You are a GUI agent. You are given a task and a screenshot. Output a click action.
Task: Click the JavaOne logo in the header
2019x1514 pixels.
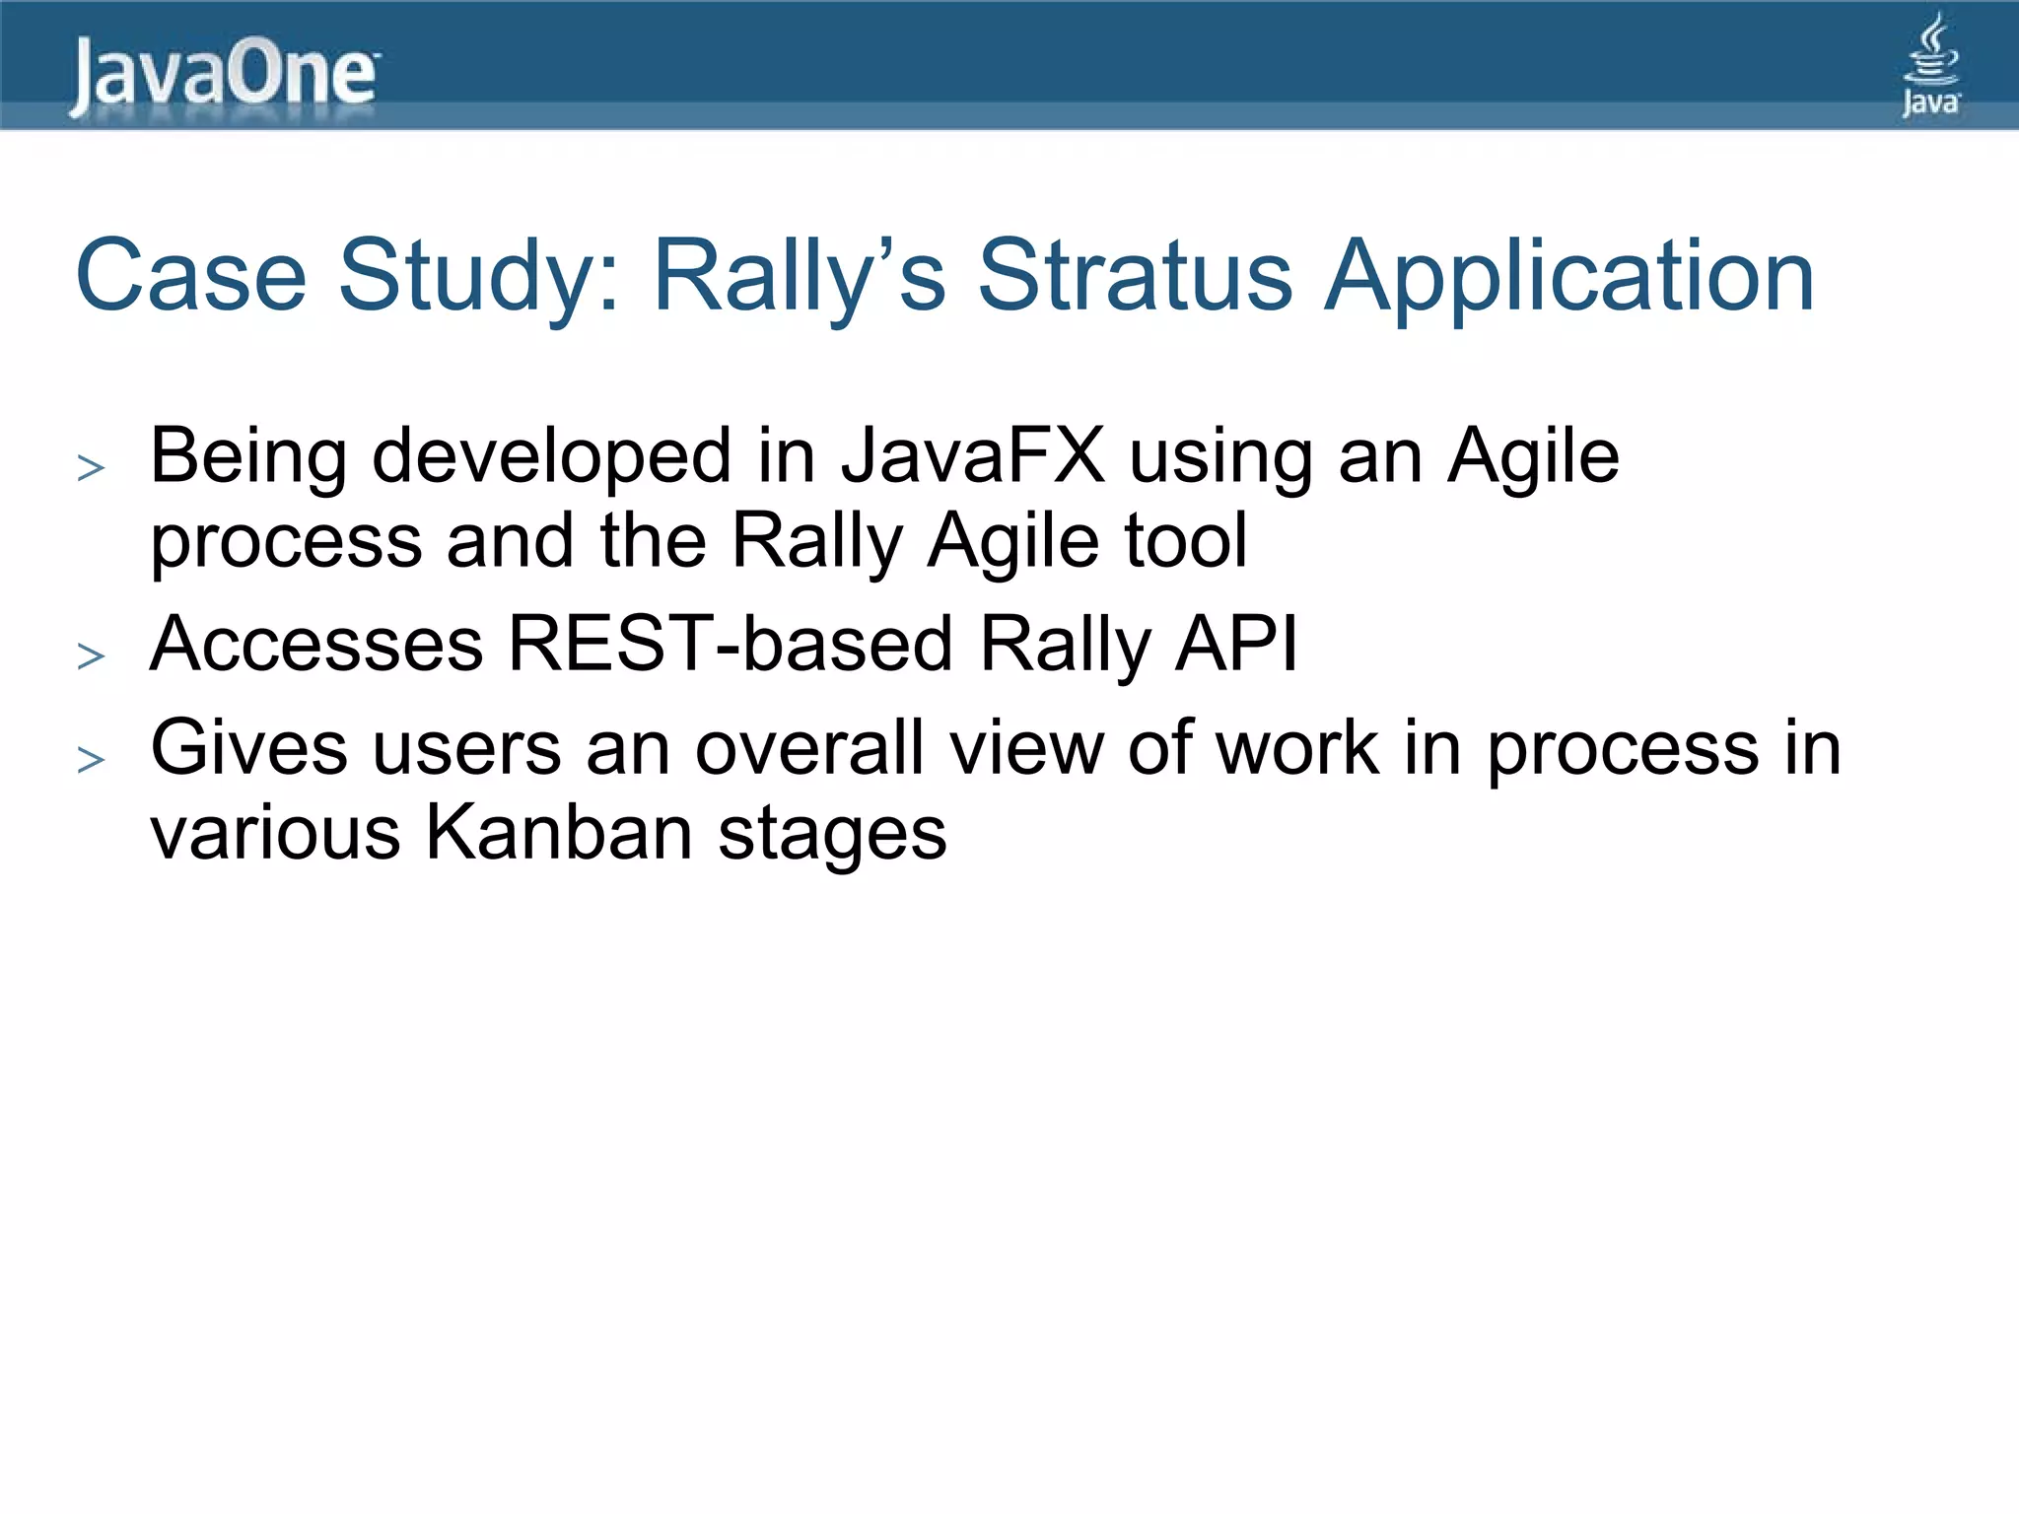pyautogui.click(x=223, y=75)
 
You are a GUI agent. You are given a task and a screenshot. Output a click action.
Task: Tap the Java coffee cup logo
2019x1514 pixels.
pyautogui.click(x=1930, y=65)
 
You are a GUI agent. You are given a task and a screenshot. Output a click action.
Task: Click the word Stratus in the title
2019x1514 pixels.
pyautogui.click(x=1134, y=275)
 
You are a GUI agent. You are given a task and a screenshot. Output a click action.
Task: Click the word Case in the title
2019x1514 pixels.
pyautogui.click(x=191, y=275)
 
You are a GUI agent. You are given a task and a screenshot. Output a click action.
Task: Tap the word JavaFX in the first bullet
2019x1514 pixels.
pyautogui.click(x=972, y=456)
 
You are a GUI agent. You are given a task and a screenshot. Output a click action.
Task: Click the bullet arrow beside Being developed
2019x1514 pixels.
pyautogui.click(x=91, y=467)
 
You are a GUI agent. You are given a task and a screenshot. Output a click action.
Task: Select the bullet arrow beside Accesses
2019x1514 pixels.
pyautogui.click(x=91, y=655)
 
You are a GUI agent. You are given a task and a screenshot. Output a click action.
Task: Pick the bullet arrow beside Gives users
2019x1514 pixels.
pyautogui.click(x=91, y=759)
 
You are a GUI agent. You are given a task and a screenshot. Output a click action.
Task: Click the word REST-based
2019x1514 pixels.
pyautogui.click(x=730, y=644)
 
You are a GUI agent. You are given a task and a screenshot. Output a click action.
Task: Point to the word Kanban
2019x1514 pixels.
pyautogui.click(x=559, y=833)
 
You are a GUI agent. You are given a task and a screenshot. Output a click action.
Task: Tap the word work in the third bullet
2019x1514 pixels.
pyautogui.click(x=1296, y=748)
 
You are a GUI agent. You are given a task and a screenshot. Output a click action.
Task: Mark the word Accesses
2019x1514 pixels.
pyautogui.click(x=315, y=644)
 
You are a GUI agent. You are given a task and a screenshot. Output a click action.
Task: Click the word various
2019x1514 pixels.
pyautogui.click(x=275, y=833)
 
